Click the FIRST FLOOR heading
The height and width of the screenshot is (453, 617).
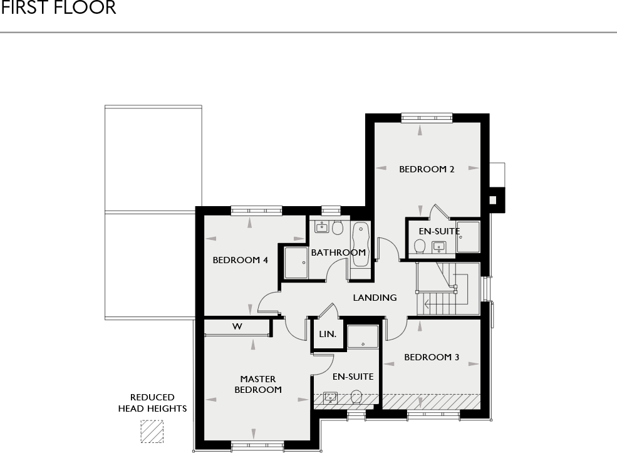58,8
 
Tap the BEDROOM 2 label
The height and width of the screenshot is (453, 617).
427,169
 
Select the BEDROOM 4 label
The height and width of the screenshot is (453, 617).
241,260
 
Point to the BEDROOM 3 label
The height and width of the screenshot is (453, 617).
432,357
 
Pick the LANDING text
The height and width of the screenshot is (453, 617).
375,298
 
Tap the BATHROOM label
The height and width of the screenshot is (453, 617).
338,253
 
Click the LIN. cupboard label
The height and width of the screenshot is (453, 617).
328,335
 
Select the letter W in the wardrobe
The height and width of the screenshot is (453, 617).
237,326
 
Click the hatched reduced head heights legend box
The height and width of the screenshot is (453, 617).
152,432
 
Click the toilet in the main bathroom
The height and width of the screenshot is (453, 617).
338,227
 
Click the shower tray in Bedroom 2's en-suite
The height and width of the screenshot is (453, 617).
468,237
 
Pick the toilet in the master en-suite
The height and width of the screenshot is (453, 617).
356,397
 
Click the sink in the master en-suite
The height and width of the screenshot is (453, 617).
330,397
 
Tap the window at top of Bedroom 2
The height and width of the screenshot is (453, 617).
427,118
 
